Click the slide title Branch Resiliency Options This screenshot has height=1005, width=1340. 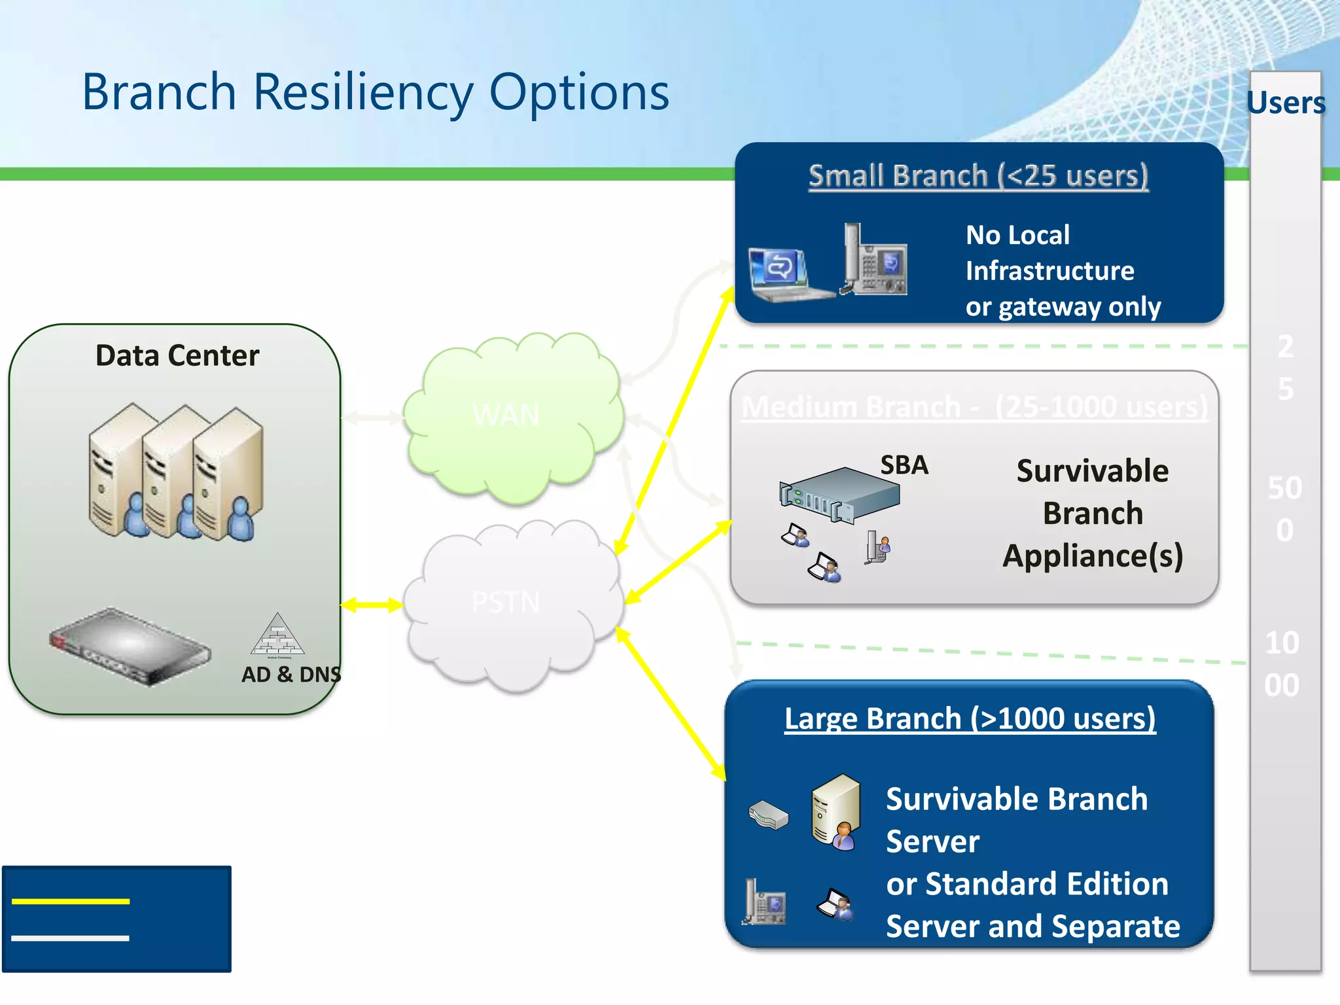[x=376, y=92]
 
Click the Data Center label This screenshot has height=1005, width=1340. [x=177, y=356]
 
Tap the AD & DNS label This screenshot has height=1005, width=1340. [x=291, y=674]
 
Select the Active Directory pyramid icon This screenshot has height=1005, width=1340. [x=277, y=635]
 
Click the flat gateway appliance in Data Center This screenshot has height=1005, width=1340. [x=130, y=646]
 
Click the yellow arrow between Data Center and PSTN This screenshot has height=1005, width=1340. [x=372, y=605]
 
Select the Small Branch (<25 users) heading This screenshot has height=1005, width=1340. [x=978, y=176]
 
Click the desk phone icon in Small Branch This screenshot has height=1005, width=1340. [x=874, y=261]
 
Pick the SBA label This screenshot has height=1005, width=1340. [x=904, y=465]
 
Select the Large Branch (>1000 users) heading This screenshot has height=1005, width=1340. [x=970, y=718]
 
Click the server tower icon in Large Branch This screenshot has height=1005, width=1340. [x=836, y=811]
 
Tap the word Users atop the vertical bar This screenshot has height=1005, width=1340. [x=1286, y=103]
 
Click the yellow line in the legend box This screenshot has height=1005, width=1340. [x=71, y=902]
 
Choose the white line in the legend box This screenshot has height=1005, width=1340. [x=71, y=938]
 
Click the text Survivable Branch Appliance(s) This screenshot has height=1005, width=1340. [x=1093, y=514]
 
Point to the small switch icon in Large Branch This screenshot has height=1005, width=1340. [x=768, y=815]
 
